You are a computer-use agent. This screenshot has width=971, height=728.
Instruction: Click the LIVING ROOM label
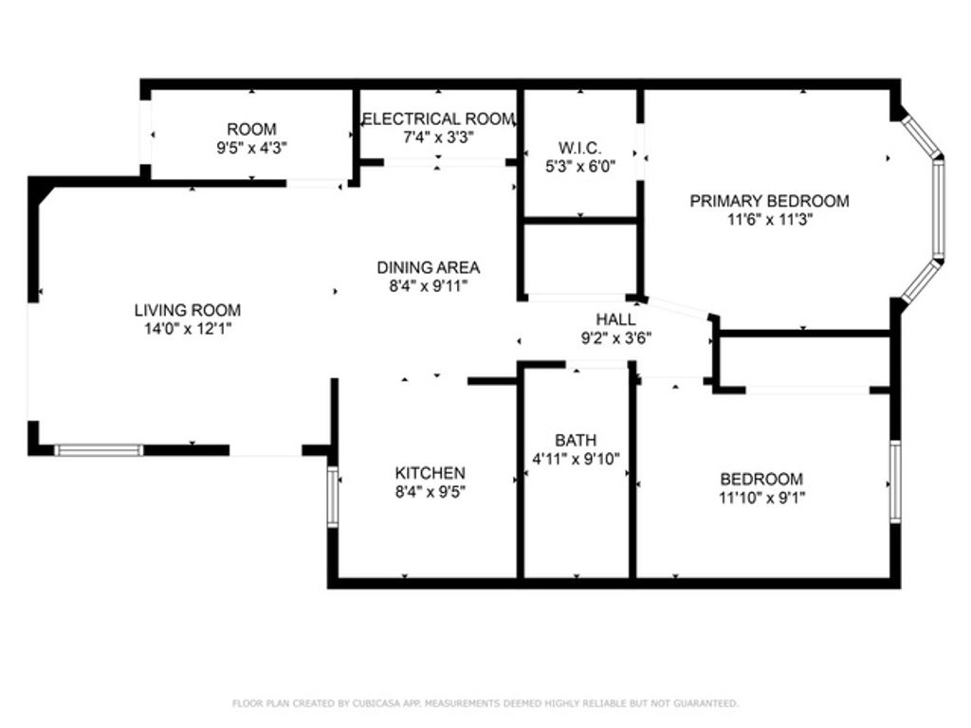[187, 310]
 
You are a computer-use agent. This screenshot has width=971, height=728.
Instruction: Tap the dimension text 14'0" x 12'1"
[187, 329]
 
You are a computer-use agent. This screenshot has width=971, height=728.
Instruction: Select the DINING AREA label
[429, 267]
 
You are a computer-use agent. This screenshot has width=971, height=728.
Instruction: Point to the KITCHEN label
[430, 473]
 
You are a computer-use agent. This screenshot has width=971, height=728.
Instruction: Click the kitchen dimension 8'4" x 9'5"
[430, 491]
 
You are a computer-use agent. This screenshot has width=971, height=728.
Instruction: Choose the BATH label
[576, 440]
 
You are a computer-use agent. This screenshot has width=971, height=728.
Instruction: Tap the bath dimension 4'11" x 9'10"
[576, 459]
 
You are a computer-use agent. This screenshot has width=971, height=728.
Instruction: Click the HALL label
[615, 319]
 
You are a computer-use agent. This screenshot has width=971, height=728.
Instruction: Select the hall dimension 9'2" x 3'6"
[615, 337]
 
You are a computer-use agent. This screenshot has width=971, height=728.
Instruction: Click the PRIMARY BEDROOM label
[769, 201]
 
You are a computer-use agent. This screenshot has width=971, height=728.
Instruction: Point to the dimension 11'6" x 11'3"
[769, 219]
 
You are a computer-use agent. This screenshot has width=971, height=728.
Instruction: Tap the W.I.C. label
[580, 148]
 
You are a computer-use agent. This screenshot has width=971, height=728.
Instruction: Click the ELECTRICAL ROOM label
[438, 119]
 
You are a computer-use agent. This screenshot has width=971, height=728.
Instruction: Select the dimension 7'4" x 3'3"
[438, 136]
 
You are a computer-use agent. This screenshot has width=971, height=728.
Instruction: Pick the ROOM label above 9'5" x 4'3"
[251, 129]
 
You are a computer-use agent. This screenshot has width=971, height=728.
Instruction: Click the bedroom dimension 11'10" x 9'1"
[761, 497]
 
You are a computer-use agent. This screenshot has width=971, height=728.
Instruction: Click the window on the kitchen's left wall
[332, 496]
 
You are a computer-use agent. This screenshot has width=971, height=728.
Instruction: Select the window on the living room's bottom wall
[99, 450]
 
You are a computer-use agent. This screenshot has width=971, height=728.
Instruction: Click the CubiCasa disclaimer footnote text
[485, 703]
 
